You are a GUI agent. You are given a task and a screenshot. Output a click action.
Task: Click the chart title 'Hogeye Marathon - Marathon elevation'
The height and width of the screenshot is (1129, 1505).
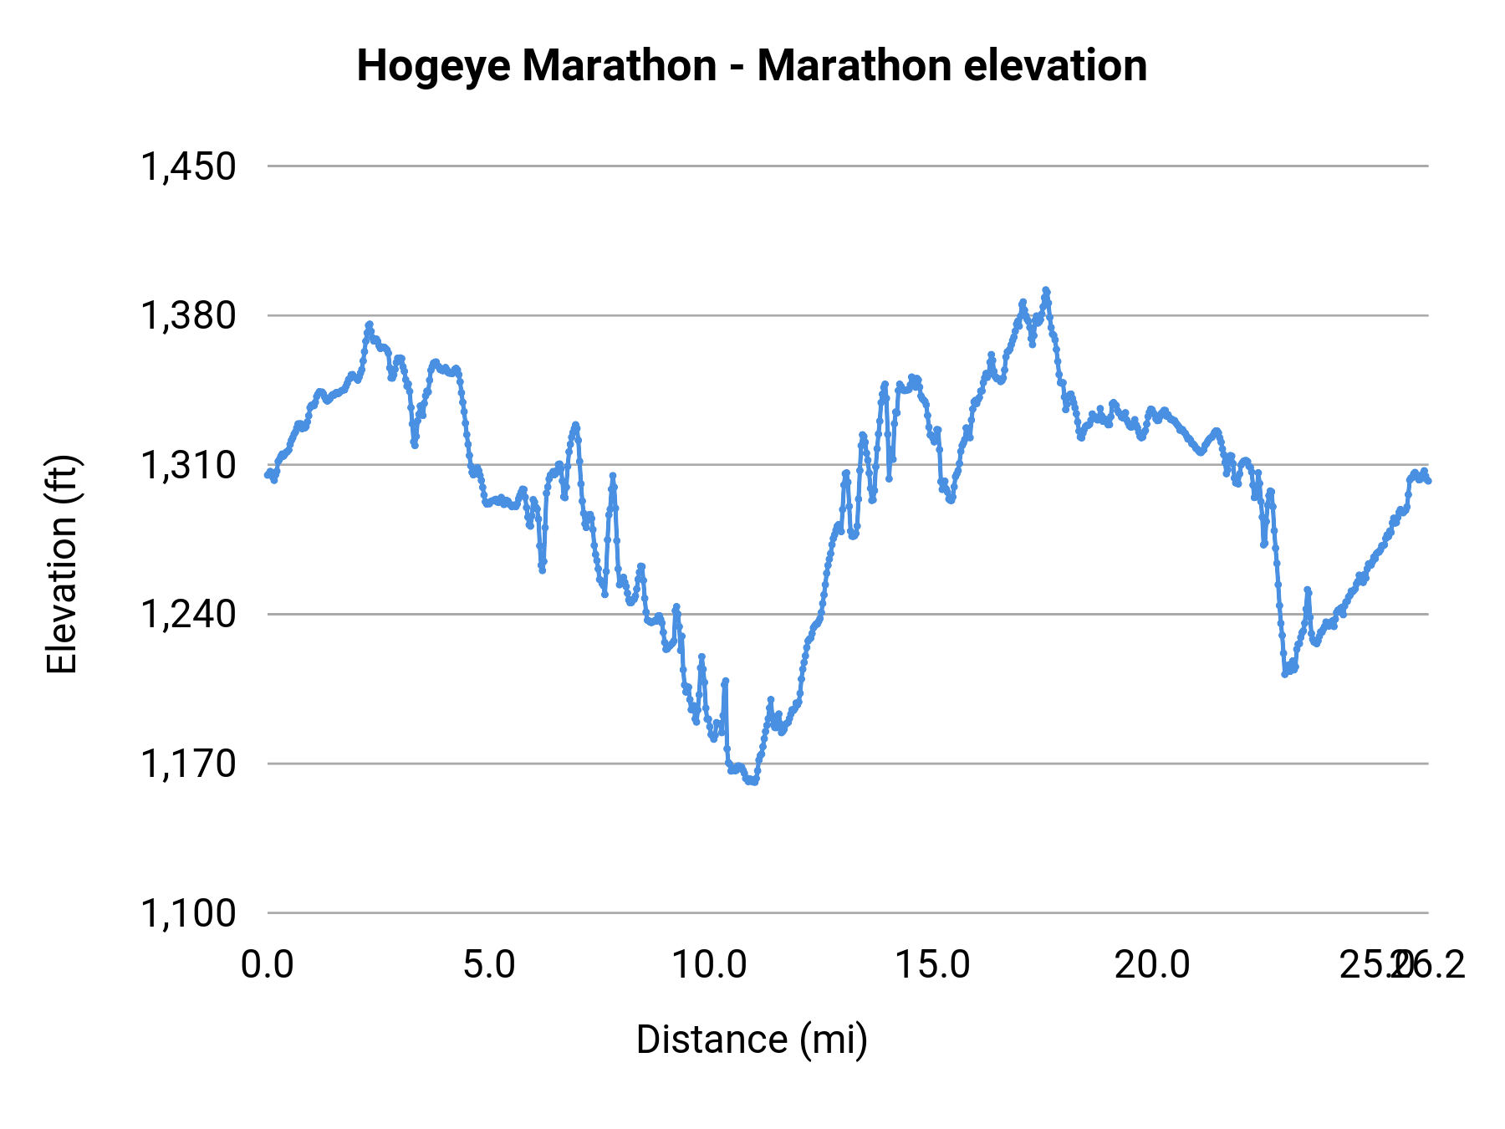click(x=752, y=66)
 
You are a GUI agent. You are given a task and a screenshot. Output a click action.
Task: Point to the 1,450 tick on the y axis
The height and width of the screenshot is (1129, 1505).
click(x=189, y=166)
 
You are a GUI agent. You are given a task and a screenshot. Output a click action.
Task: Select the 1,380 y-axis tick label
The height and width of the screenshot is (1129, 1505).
click(x=189, y=316)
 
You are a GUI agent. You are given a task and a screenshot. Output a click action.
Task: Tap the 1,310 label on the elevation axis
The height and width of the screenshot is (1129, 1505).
click(x=189, y=465)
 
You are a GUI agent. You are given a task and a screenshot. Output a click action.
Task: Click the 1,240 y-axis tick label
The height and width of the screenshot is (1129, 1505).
click(x=189, y=615)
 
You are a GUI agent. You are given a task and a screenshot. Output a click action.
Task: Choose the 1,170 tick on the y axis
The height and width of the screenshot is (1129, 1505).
click(x=189, y=764)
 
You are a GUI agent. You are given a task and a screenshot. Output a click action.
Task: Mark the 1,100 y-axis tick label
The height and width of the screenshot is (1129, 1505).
click(x=189, y=913)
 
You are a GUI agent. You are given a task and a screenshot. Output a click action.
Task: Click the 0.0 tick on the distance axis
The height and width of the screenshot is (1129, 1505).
click(x=268, y=965)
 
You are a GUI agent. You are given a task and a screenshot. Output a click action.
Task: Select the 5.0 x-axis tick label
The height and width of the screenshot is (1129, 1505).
click(x=489, y=965)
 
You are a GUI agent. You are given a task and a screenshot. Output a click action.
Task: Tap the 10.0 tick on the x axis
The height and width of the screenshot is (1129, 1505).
click(x=710, y=965)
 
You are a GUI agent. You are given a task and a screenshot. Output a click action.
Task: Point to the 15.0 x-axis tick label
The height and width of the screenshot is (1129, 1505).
click(x=932, y=965)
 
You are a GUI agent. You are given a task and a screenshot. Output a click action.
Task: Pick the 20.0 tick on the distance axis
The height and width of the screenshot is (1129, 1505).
click(x=1153, y=965)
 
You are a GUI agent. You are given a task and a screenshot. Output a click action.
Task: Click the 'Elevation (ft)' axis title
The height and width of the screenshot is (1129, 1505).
click(x=62, y=564)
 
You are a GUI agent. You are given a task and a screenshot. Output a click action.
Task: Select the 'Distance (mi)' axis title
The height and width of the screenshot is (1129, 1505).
click(x=752, y=1040)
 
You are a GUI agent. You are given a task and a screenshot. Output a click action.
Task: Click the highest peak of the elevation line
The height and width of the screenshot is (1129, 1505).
click(x=1045, y=290)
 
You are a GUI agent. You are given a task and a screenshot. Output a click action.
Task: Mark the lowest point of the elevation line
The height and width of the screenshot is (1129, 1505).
click(x=751, y=782)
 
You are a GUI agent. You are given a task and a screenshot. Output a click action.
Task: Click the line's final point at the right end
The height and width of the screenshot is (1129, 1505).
click(x=1428, y=481)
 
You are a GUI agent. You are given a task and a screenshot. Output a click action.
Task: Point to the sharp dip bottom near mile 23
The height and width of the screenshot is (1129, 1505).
click(x=1285, y=674)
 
